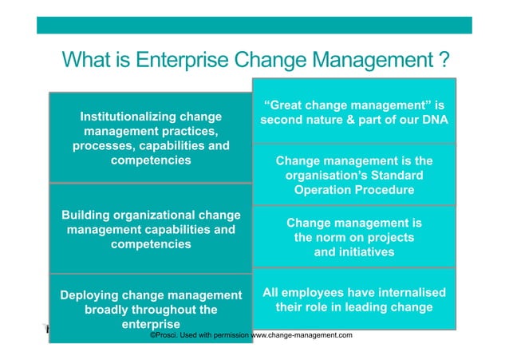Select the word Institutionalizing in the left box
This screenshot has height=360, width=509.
click(129, 117)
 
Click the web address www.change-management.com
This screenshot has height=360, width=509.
click(302, 335)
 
